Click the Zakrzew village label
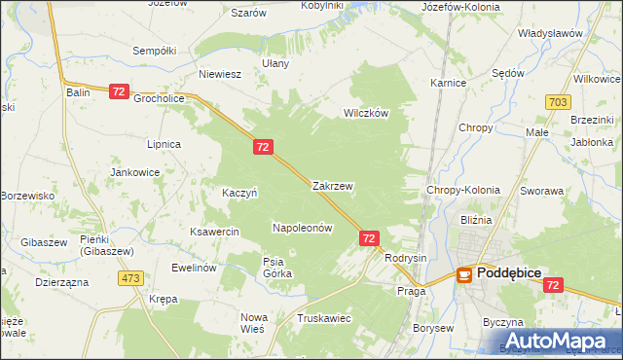pyautogui.click(x=332, y=185)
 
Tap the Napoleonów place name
pyautogui.click(x=302, y=228)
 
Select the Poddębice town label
pyautogui.click(x=515, y=274)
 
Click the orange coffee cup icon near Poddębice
pyautogui.click(x=464, y=275)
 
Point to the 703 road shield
pyautogui.click(x=558, y=101)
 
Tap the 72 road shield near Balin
pyautogui.click(x=119, y=90)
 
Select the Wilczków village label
pyautogui.click(x=365, y=113)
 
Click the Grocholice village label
pyautogui.click(x=160, y=98)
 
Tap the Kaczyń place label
pyautogui.click(x=239, y=193)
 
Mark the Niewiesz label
pyautogui.click(x=219, y=74)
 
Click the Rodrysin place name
pyautogui.click(x=406, y=258)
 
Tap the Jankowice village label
pyautogui.click(x=135, y=172)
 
